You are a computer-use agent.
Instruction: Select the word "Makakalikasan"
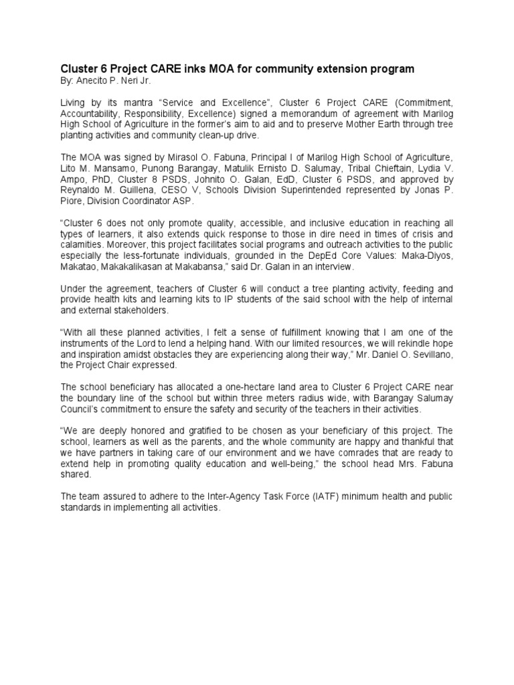[136, 266]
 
